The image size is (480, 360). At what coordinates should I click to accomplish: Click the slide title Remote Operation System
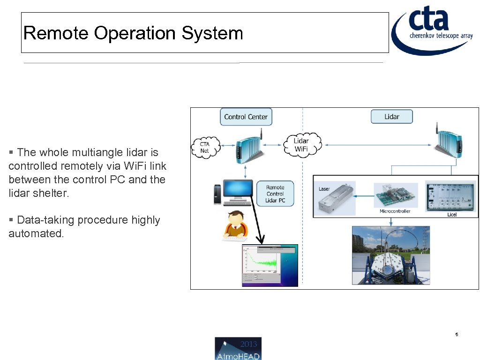pos(133,33)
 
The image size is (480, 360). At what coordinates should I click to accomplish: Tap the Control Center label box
pos(246,117)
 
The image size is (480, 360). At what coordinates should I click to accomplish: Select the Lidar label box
pos(391,117)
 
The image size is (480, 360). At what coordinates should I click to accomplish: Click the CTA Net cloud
pos(205,147)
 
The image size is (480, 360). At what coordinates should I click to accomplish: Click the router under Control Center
pos(247,146)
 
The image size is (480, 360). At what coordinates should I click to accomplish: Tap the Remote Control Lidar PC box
pos(275,194)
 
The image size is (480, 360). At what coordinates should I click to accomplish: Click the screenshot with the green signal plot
pos(270,265)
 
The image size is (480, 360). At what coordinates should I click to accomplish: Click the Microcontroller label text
pos(395,211)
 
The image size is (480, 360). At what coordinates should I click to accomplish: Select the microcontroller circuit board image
pos(396,194)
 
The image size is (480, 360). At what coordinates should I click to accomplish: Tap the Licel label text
pos(451,215)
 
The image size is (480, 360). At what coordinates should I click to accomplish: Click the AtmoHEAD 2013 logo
pos(238,348)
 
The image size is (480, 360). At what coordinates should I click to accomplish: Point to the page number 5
pos(457,335)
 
